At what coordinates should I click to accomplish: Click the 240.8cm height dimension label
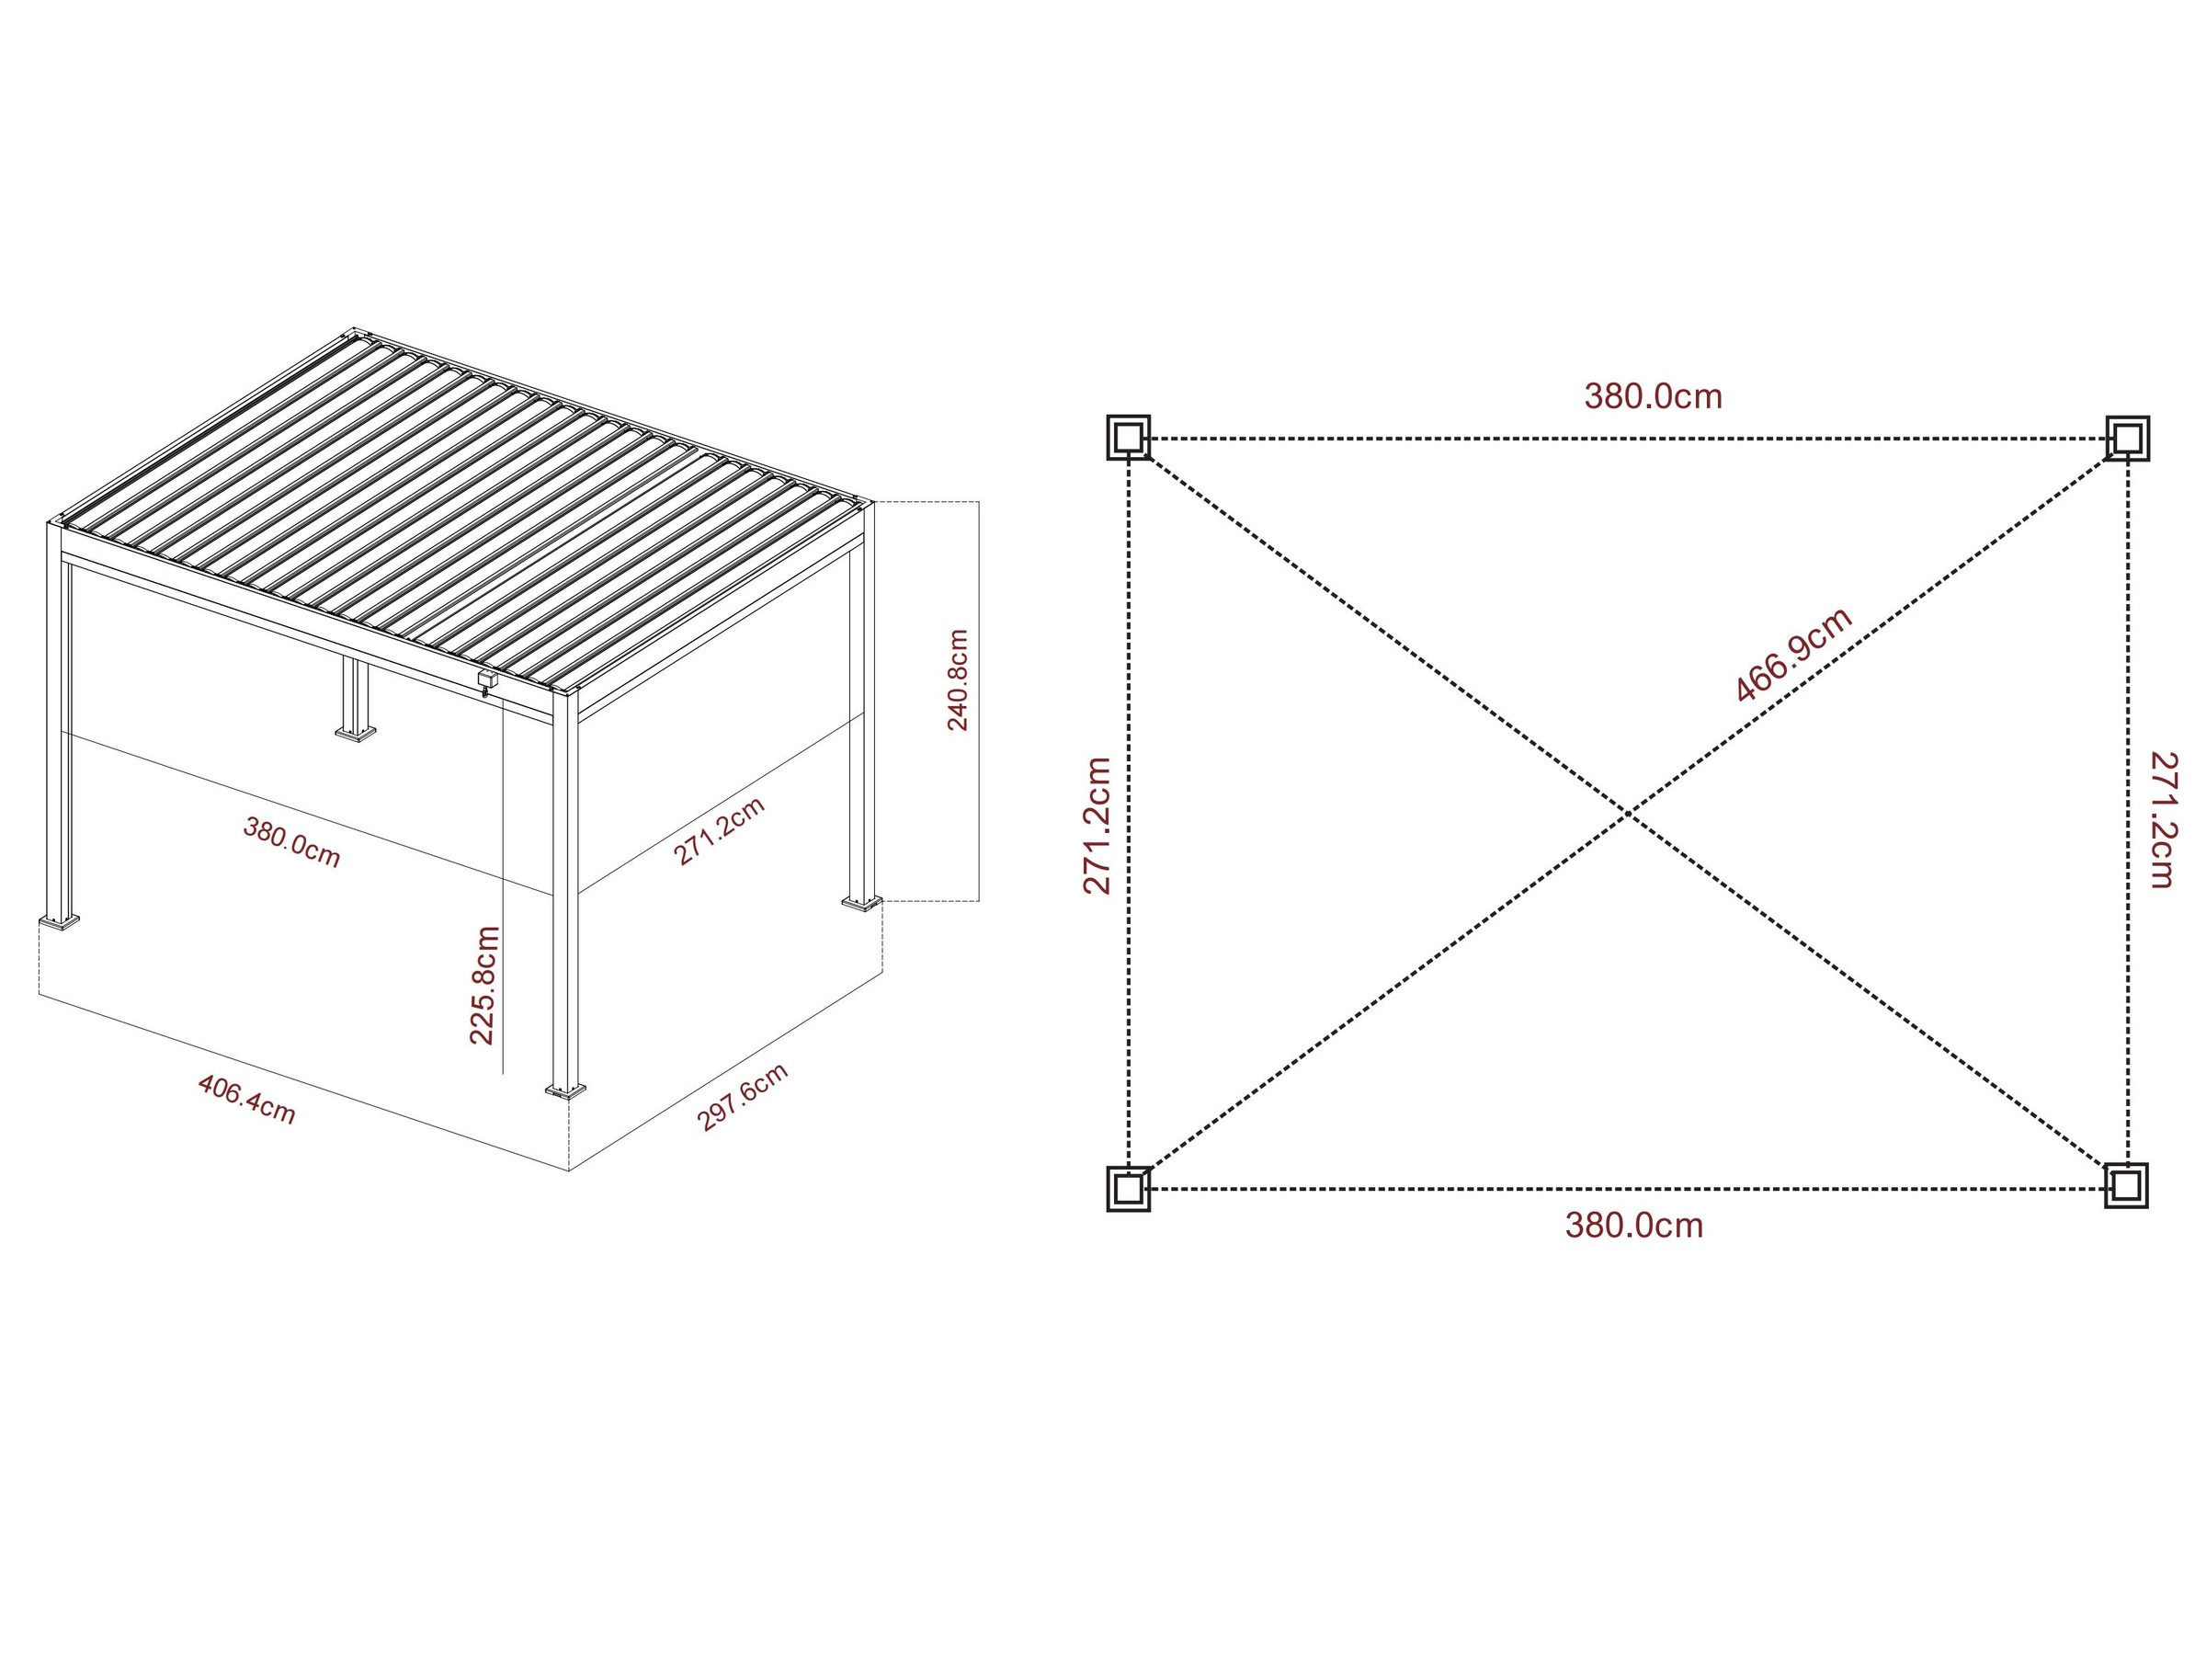(x=958, y=680)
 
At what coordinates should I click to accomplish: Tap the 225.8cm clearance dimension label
(x=483, y=985)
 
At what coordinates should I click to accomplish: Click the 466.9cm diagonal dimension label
(x=1793, y=655)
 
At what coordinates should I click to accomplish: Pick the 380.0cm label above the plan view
(x=1653, y=397)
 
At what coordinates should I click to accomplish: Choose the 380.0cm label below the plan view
(x=1633, y=1225)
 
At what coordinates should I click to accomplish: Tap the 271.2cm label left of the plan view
(x=1096, y=825)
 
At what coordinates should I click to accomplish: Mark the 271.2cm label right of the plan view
(x=2161, y=820)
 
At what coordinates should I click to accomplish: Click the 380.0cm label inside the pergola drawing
(x=292, y=842)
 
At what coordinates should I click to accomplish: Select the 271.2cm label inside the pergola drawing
(x=718, y=831)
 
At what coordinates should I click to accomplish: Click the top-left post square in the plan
(x=1128, y=437)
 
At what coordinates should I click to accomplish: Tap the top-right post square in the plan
(x=2126, y=438)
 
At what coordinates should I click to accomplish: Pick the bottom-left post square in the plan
(x=1128, y=1188)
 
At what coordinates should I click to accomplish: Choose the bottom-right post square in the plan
(x=2125, y=1185)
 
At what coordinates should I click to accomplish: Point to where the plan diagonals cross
(x=1628, y=814)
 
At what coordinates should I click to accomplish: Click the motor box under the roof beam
(x=486, y=679)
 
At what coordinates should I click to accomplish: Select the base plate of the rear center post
(x=355, y=736)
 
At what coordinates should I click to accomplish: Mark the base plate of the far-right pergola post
(x=861, y=903)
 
